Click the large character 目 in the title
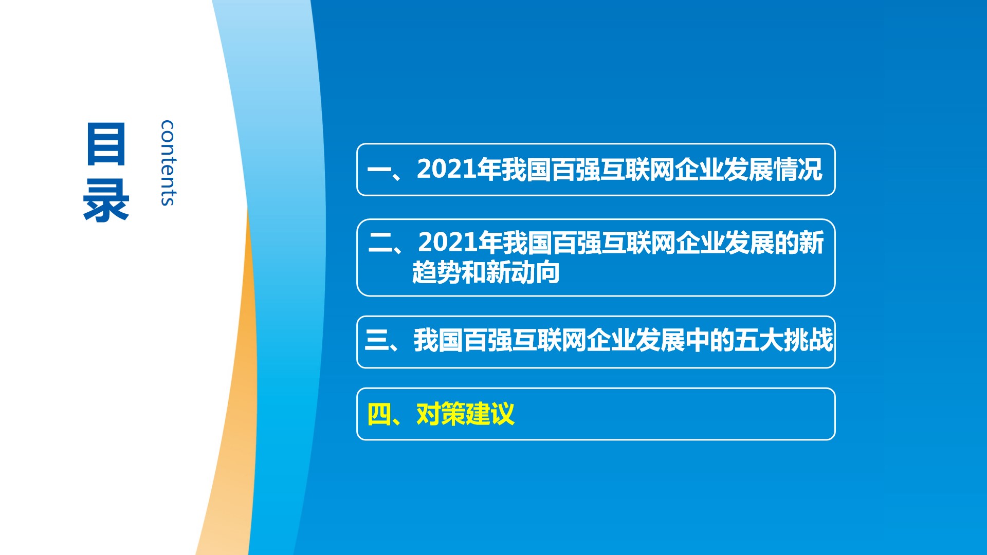[106, 144]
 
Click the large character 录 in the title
[106, 200]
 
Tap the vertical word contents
[168, 163]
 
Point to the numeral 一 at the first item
[380, 170]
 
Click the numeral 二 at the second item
[381, 243]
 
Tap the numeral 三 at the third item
[377, 340]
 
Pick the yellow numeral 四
[379, 414]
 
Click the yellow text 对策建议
[465, 414]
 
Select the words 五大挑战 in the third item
[783, 340]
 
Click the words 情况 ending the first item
[798, 169]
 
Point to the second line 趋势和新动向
[486, 272]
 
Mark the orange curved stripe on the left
[234, 391]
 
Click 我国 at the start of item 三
[438, 340]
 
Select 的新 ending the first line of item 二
[799, 242]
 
